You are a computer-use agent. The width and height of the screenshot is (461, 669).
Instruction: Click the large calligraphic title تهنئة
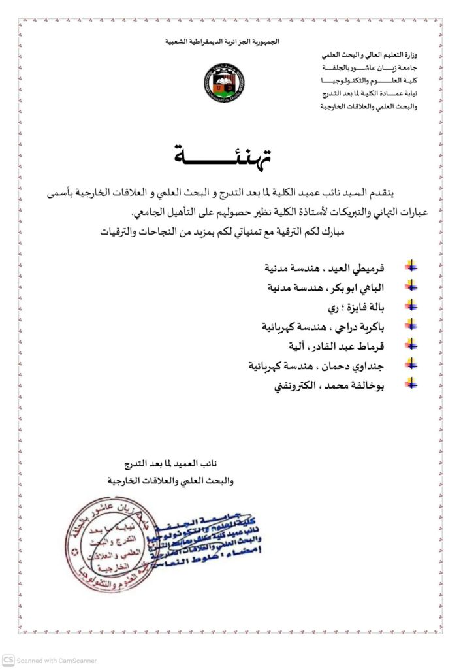[223, 155]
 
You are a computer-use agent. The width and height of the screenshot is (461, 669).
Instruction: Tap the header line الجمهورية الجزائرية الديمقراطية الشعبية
[223, 42]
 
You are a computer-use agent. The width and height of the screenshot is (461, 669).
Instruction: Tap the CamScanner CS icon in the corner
[8, 660]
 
